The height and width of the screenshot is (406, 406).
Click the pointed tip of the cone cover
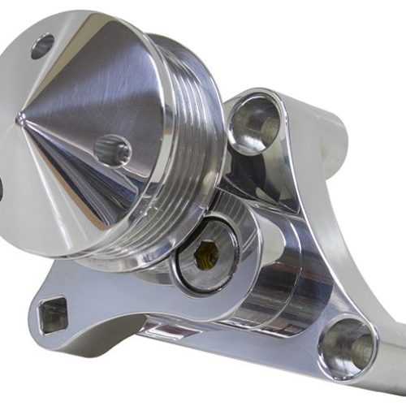(20, 119)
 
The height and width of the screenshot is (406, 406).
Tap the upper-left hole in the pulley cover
(42, 45)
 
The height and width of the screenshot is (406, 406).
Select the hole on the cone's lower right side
(112, 149)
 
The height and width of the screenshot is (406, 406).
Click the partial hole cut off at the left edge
(2, 188)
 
